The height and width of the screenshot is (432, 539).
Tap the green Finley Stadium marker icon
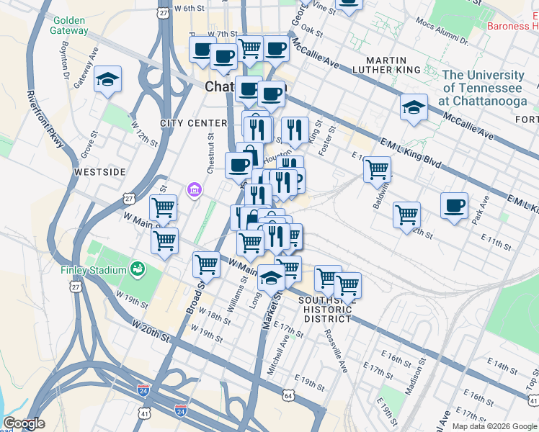click(x=136, y=270)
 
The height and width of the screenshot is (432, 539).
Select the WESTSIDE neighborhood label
click(x=99, y=172)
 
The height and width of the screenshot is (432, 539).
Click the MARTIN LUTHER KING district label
click(x=386, y=64)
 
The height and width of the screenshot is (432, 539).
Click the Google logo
click(x=24, y=423)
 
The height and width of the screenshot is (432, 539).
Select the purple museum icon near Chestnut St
click(x=193, y=191)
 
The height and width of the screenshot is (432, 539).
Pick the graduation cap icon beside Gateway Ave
click(x=108, y=79)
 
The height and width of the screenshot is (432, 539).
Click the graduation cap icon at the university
click(x=414, y=107)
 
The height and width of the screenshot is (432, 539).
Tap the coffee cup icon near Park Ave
click(x=455, y=206)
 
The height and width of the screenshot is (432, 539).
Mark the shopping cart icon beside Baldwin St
click(x=377, y=170)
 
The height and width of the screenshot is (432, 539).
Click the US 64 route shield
click(x=289, y=395)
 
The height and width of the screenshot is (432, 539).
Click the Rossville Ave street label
click(x=335, y=350)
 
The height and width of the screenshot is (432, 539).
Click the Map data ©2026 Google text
click(x=494, y=426)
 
